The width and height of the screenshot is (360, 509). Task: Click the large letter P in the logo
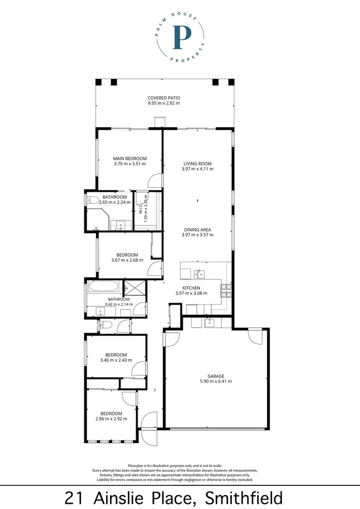tap(182, 37)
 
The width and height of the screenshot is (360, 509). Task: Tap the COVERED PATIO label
tap(164, 98)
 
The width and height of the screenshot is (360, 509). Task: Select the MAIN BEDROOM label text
tap(130, 158)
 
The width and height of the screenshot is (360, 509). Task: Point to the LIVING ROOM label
tap(197, 164)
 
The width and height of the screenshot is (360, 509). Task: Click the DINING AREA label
tap(197, 230)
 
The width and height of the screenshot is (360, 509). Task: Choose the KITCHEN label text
tap(191, 288)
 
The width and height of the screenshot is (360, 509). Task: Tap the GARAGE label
tap(216, 376)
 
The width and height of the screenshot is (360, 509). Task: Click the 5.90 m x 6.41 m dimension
tap(216, 381)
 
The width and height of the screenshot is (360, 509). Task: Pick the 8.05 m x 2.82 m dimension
tap(164, 103)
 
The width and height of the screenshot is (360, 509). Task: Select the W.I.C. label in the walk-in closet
tap(140, 208)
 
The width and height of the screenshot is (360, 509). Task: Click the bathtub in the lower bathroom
tap(104, 287)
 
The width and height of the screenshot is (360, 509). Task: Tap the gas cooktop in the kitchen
tap(226, 290)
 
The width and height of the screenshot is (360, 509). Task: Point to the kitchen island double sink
tap(199, 274)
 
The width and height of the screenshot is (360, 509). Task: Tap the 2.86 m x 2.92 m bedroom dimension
tap(111, 419)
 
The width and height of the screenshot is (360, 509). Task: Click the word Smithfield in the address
tap(244, 498)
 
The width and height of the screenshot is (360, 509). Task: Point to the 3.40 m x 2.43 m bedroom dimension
tap(116, 360)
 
